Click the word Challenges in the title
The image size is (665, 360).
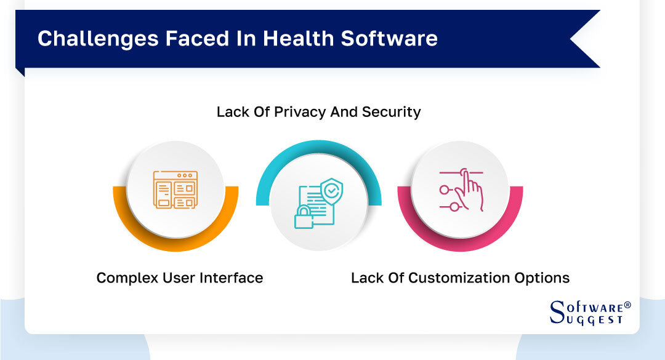pos(83,38)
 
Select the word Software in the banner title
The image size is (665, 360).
pos(389,38)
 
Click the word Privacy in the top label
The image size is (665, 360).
pos(293,112)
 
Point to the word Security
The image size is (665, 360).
pos(392,112)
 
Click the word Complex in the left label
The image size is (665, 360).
pos(124,278)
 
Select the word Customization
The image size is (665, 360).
pos(456,278)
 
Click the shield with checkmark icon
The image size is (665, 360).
pos(332,191)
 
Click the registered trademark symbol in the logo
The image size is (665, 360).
pos(627,305)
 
